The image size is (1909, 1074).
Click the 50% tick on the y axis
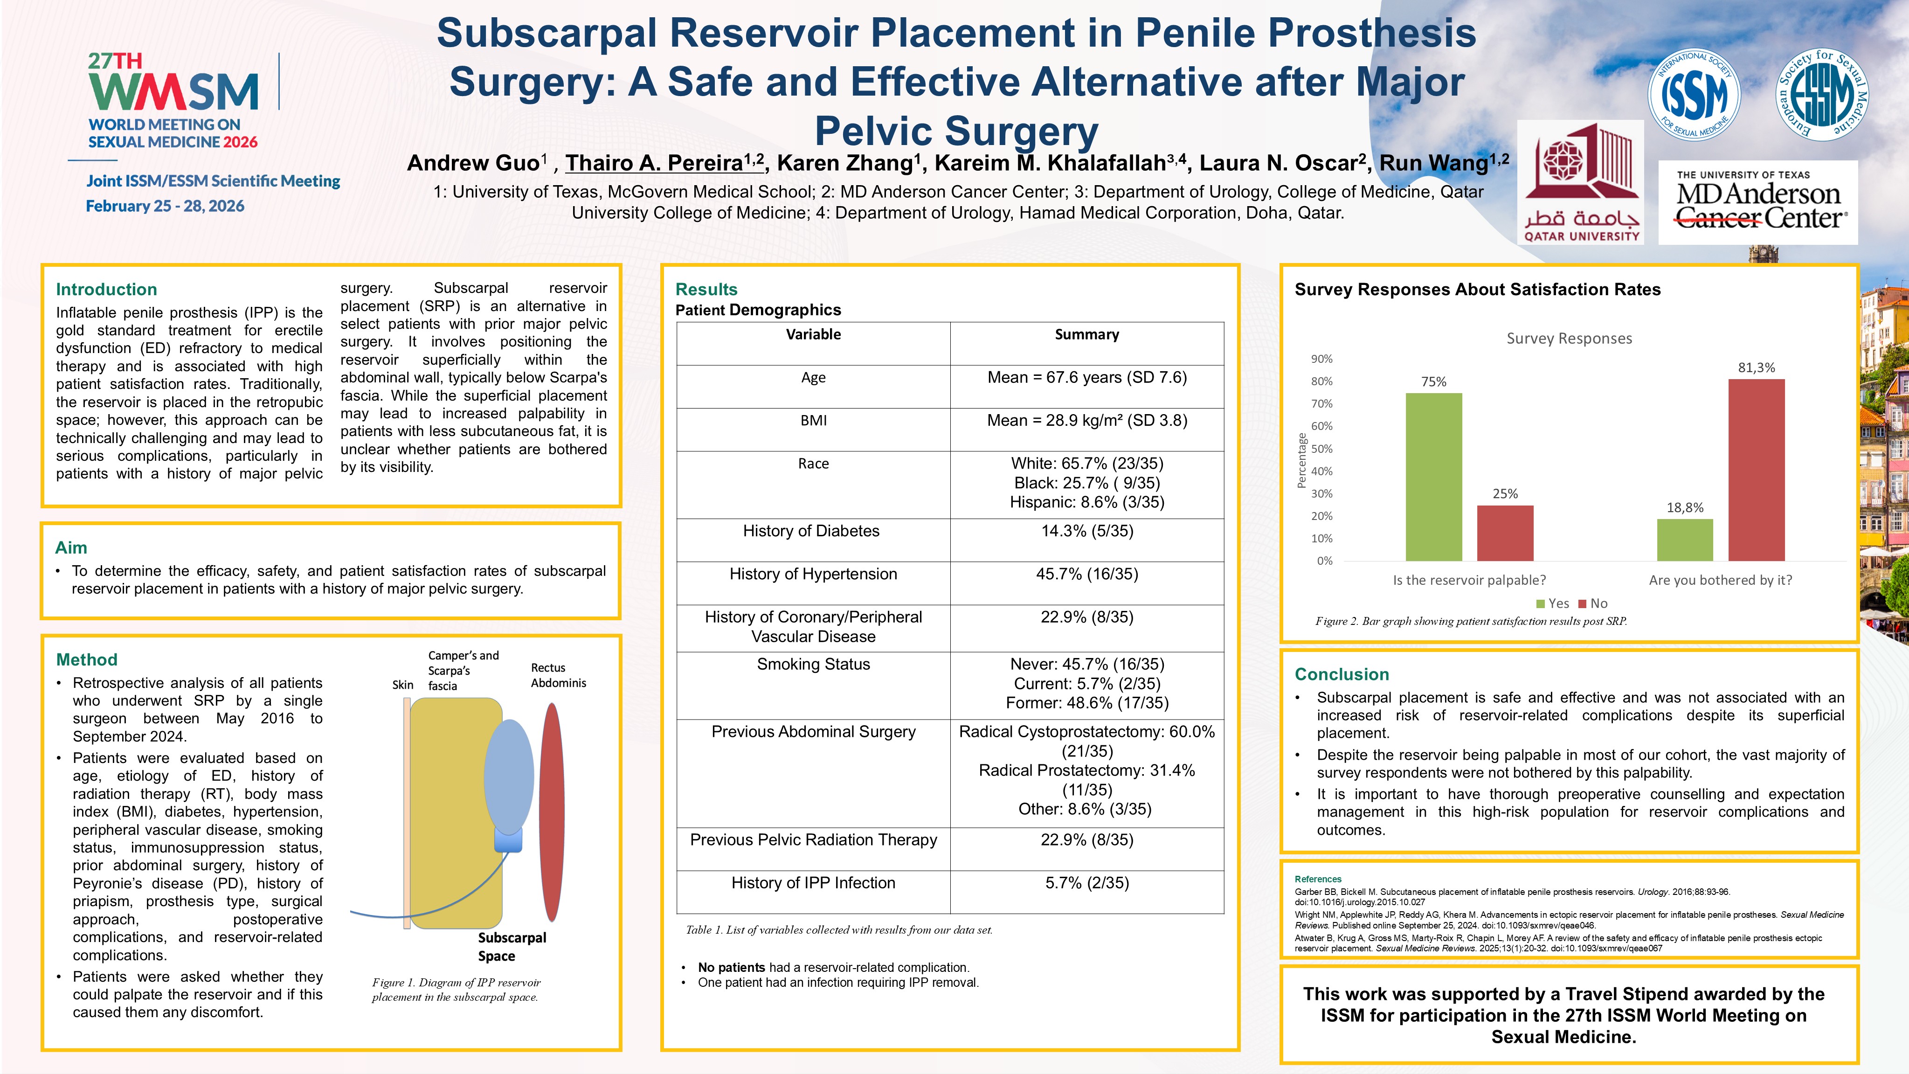[1321, 449]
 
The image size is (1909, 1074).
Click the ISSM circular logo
[1694, 95]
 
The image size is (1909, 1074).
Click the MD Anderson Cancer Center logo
[1758, 202]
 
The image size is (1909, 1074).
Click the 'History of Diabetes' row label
[812, 531]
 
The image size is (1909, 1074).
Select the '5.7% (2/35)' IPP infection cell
[1086, 883]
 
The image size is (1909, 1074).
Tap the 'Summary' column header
[1086, 334]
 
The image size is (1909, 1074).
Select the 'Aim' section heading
[71, 548]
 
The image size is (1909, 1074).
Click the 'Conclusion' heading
[1342, 674]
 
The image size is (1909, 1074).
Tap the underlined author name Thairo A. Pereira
[663, 163]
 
